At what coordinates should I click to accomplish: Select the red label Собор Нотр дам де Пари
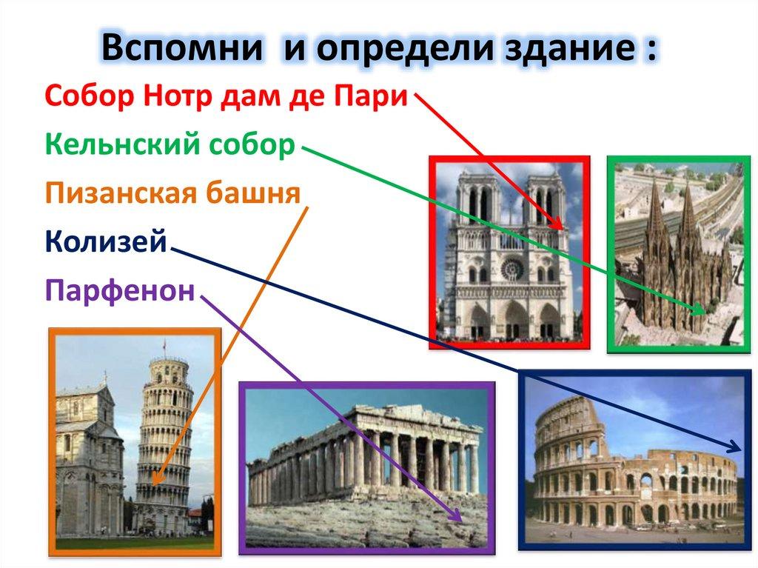[x=226, y=97]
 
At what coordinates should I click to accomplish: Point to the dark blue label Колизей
[x=106, y=241]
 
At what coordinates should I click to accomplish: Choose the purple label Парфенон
[x=120, y=290]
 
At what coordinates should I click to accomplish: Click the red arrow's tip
[x=562, y=227]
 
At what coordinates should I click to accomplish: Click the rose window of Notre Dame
[x=512, y=269]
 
